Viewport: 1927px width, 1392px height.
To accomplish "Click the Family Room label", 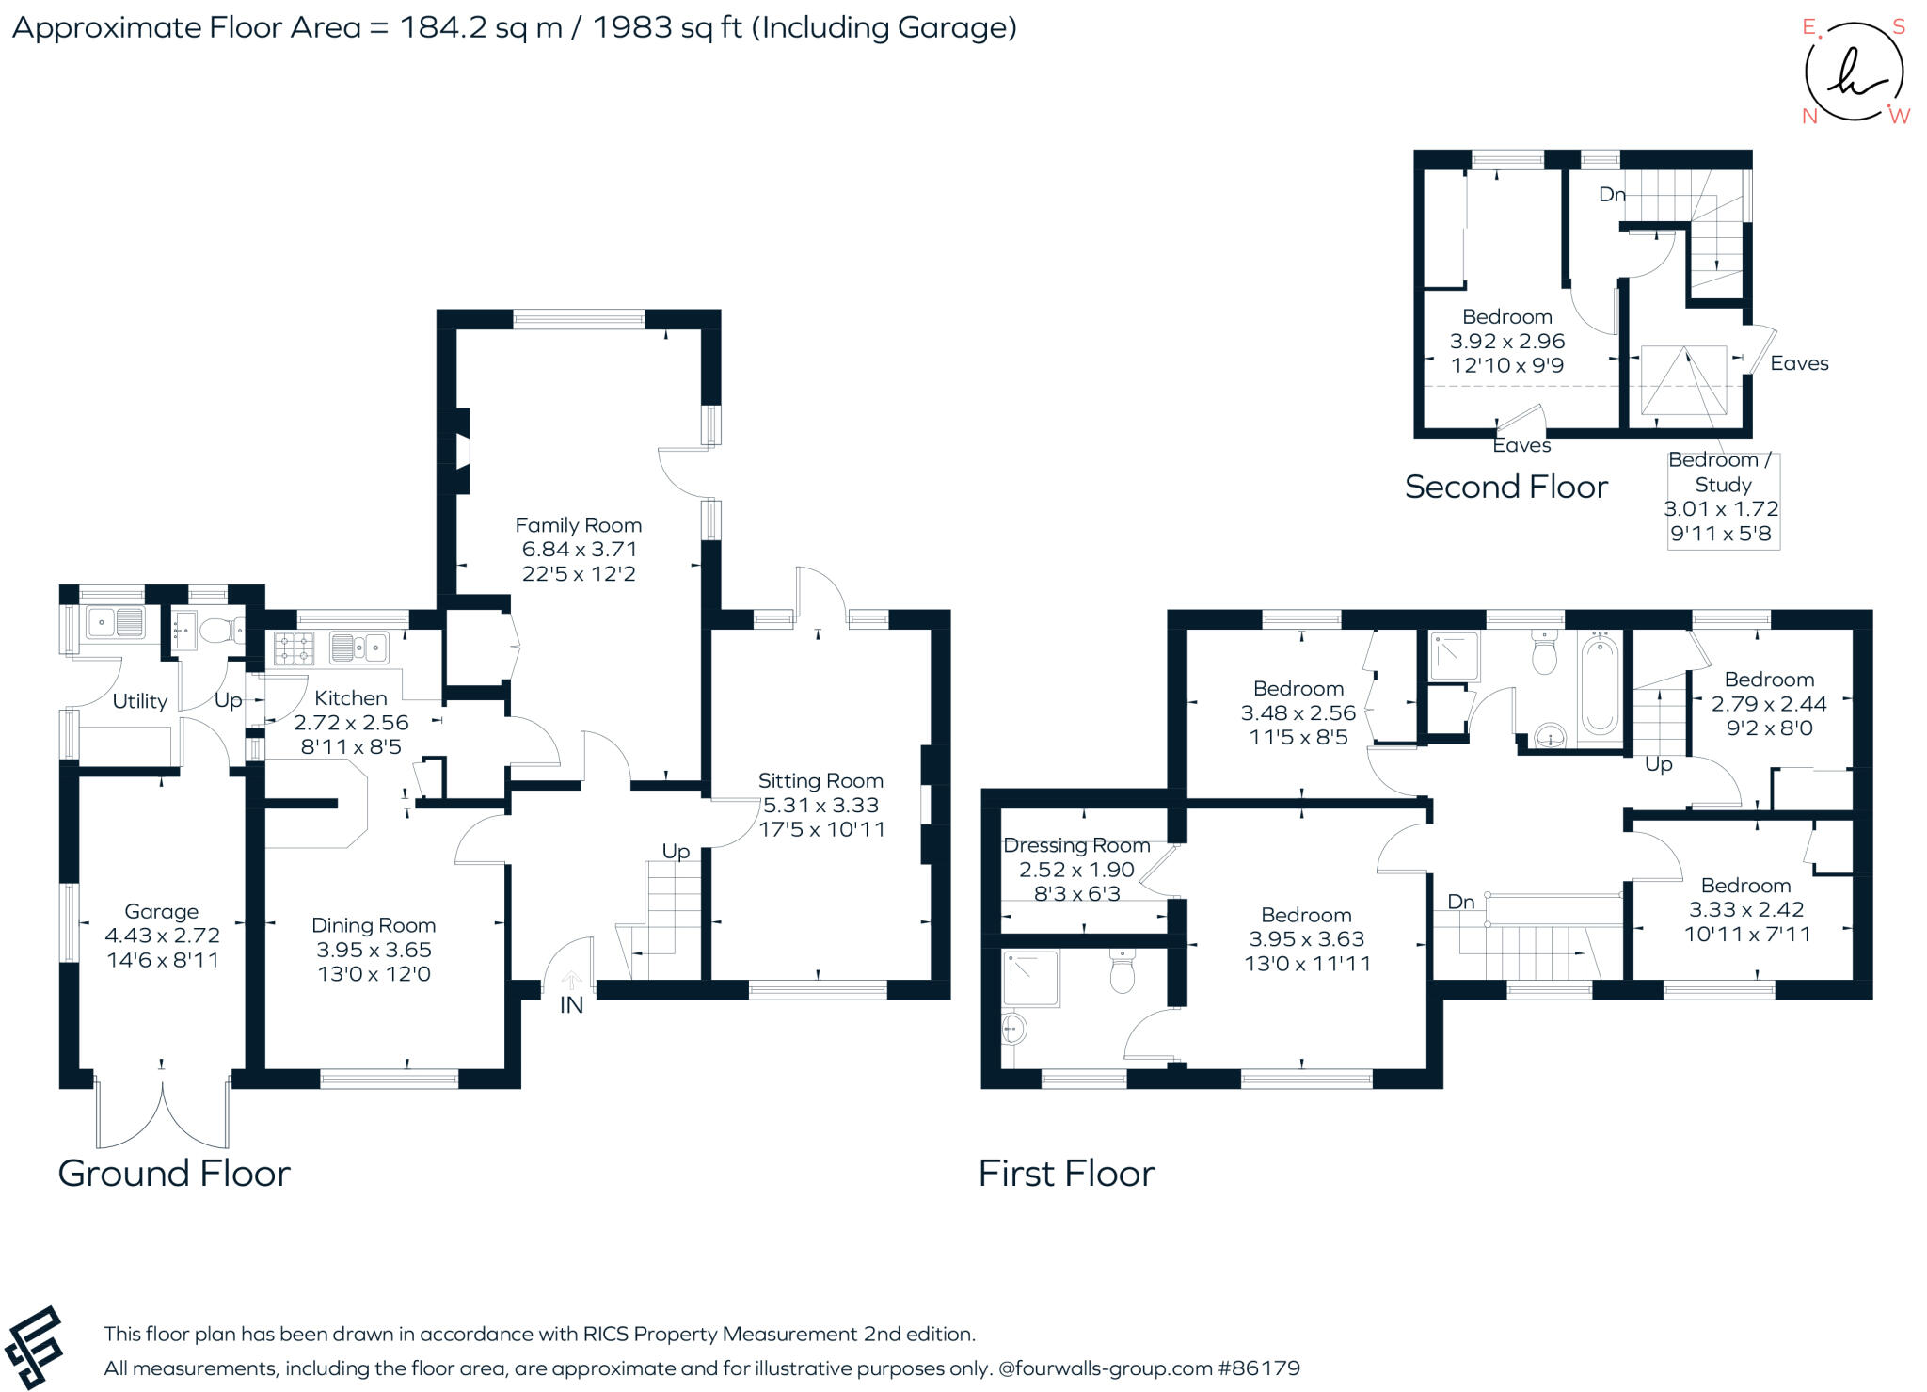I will coord(578,525).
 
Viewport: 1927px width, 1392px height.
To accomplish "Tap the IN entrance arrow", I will coord(571,982).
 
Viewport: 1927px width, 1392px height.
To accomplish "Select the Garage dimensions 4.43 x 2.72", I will coord(162,936).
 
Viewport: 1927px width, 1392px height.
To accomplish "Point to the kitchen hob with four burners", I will coord(294,648).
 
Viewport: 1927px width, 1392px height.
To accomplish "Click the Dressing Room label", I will coord(1076,845).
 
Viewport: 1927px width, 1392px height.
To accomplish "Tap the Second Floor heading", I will coord(1505,487).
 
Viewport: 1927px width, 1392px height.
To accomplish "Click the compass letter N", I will coord(1808,117).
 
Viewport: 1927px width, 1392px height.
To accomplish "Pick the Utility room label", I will coord(139,701).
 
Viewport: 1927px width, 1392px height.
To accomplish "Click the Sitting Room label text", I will coord(820,780).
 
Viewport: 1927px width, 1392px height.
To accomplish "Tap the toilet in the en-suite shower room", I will coord(1122,972).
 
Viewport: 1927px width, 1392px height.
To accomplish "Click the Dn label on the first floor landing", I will coord(1460,902).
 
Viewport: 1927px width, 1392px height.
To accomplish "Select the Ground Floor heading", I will coord(174,1174).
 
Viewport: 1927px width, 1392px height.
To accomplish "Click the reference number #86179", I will coord(1258,1368).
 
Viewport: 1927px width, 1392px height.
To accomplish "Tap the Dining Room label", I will coord(374,925).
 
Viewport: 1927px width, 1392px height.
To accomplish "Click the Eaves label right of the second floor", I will coord(1798,363).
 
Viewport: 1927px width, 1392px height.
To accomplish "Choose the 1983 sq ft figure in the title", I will coord(666,27).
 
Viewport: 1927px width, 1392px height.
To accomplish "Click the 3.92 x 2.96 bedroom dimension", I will coord(1506,341).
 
